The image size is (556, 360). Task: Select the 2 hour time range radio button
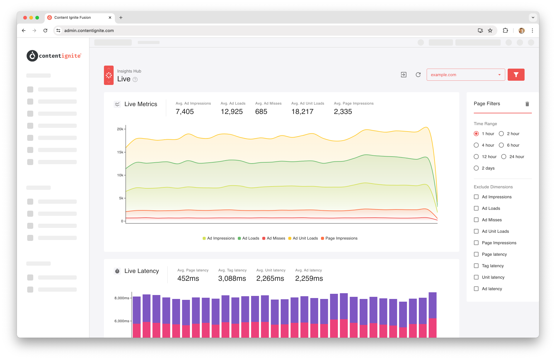tap(501, 134)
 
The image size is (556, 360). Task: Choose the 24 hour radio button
tap(504, 157)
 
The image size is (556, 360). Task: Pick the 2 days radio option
tap(476, 168)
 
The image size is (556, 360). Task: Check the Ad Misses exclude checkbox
tap(476, 220)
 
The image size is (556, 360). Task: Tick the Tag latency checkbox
tap(476, 266)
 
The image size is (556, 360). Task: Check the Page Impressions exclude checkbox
tap(476, 243)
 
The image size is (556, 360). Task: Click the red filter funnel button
tap(516, 75)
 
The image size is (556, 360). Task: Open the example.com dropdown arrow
tap(499, 75)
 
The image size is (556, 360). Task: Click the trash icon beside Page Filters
tap(527, 104)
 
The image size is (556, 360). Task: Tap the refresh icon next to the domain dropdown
tap(418, 75)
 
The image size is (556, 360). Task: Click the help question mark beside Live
tap(135, 79)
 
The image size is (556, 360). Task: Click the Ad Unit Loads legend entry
tap(303, 238)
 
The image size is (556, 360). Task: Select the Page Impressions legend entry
tap(339, 238)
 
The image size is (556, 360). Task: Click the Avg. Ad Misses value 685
tap(261, 112)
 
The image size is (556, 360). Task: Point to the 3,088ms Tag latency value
tap(232, 278)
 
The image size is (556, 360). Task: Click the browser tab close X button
tap(110, 18)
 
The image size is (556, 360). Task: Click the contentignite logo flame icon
tap(32, 56)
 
